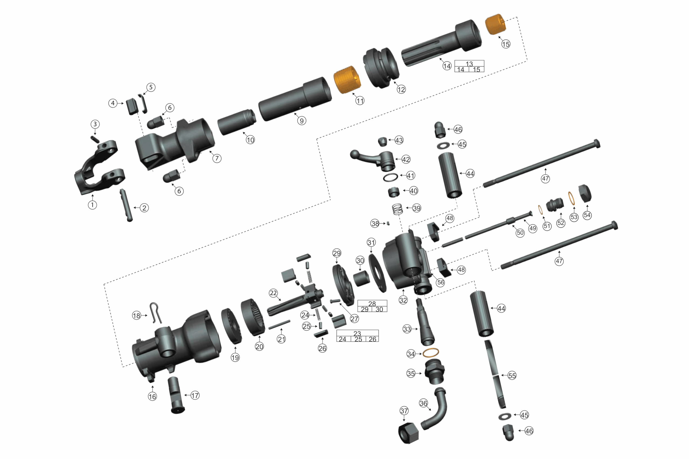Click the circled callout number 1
click(x=93, y=205)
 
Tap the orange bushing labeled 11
click(x=347, y=80)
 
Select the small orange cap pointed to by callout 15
click(x=495, y=24)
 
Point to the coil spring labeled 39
click(x=397, y=209)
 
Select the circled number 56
click(x=440, y=282)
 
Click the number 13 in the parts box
click(x=469, y=63)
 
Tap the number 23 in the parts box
click(x=357, y=333)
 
